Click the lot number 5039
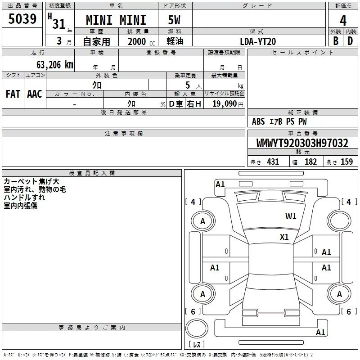pyautogui.click(x=22, y=19)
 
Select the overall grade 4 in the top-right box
pyautogui.click(x=343, y=20)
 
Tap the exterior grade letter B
pyautogui.click(x=336, y=41)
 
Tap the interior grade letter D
pyautogui.click(x=350, y=41)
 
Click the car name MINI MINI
pyautogui.click(x=116, y=20)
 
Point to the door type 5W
pyautogui.click(x=174, y=20)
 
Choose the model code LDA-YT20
pyautogui.click(x=258, y=41)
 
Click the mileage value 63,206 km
pyautogui.click(x=55, y=65)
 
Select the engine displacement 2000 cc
pyautogui.click(x=141, y=42)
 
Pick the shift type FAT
pyautogui.click(x=13, y=94)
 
